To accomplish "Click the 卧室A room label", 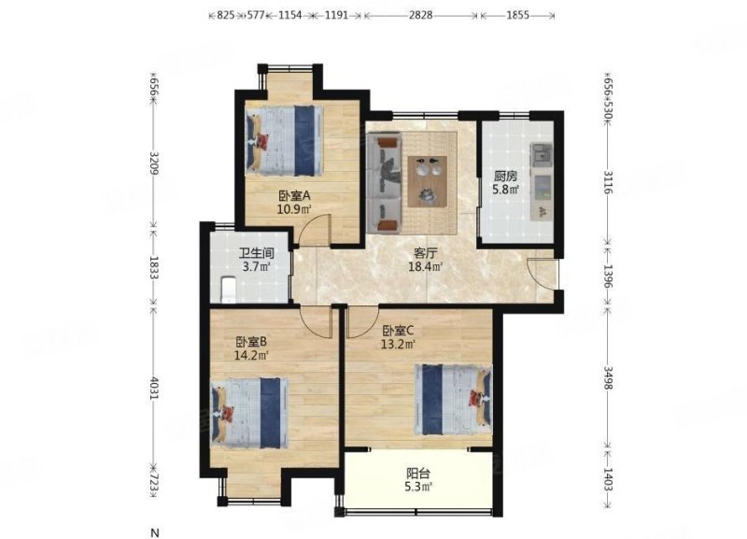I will click(287, 196).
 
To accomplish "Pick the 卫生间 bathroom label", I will click(254, 253).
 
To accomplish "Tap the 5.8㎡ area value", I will click(506, 191).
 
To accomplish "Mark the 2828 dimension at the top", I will click(422, 16).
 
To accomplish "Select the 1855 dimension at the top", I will click(518, 16).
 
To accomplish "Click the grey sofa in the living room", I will click(385, 183).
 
